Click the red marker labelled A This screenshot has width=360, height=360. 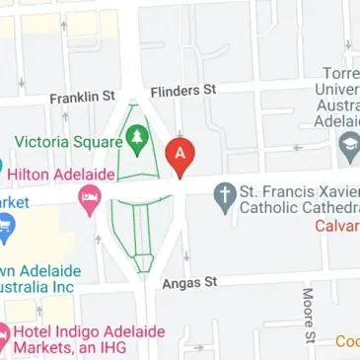point(180,156)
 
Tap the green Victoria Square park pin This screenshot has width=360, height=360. point(138,139)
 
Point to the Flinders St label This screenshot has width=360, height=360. point(183,92)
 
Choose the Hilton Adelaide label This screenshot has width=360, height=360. point(63,172)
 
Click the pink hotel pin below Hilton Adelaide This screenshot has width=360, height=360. point(90,200)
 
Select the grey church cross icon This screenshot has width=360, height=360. point(224,197)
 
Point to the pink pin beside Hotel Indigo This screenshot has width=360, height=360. point(4,339)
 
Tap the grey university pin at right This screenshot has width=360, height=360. point(347,148)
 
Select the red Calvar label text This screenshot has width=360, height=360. point(337,226)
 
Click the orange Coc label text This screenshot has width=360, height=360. point(346,341)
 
